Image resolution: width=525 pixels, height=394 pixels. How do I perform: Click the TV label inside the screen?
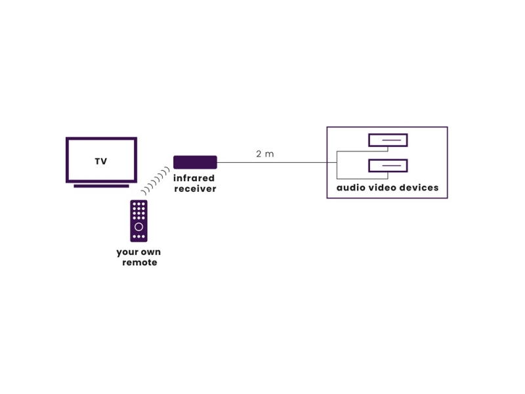101,161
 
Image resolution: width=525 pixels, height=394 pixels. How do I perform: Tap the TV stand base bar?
101,186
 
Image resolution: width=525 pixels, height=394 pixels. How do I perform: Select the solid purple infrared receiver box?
195,162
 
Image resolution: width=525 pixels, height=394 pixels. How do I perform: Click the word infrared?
194,179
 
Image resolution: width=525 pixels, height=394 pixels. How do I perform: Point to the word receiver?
195,189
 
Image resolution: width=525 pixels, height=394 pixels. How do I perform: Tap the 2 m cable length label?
265,154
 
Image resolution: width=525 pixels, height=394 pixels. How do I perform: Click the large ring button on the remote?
138,226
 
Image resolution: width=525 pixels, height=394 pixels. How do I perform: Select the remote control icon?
138,221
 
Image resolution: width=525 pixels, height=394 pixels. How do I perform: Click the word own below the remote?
150,252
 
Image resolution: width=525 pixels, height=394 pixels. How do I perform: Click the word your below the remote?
127,252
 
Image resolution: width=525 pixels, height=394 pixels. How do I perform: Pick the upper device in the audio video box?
388,140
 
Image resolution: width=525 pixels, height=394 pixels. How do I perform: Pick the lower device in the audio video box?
388,166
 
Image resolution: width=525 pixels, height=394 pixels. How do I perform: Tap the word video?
383,188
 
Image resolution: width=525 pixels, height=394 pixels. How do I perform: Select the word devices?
419,188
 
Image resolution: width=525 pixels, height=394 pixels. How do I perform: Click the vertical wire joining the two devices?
337,164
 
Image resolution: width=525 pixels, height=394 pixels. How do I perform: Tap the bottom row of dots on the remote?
138,236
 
